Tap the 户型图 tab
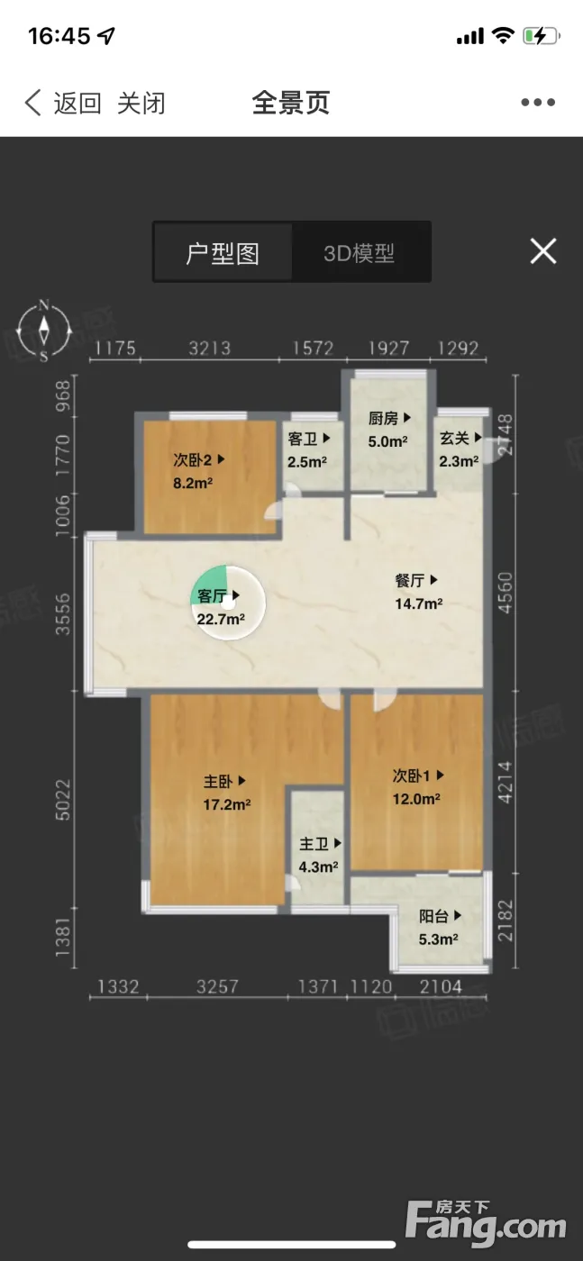tap(223, 253)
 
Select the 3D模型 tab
tap(359, 253)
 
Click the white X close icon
tap(543, 250)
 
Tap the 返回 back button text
tap(77, 104)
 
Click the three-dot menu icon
tap(538, 103)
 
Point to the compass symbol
tap(44, 331)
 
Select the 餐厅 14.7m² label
tap(418, 593)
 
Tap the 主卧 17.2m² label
tap(226, 793)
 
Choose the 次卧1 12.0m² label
tap(417, 787)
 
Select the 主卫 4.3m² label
tap(319, 855)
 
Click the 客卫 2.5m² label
tap(308, 450)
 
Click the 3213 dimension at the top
tap(210, 349)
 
